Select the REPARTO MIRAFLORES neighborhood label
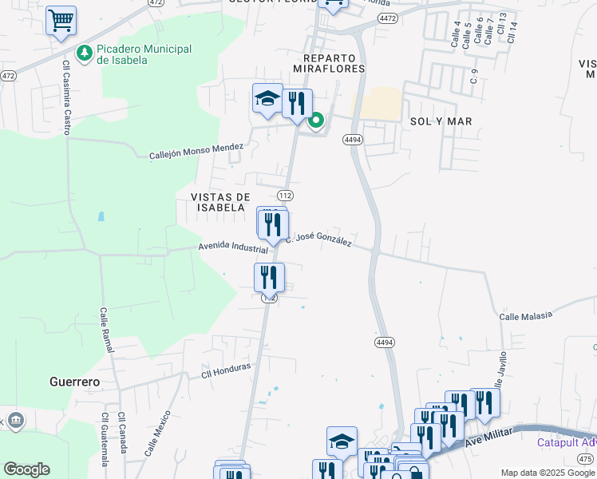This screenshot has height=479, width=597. (334, 63)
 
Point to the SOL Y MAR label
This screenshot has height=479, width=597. (441, 121)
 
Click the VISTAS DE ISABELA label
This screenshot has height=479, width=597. (220, 202)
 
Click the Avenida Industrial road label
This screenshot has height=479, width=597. (233, 247)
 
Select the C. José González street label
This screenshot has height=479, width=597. (319, 238)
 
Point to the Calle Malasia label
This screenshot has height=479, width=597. (525, 315)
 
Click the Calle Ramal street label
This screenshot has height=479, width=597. (108, 335)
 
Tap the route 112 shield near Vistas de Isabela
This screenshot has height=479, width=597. (285, 196)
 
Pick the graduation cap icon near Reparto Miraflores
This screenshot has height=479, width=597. (267, 99)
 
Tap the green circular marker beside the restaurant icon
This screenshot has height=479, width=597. (316, 121)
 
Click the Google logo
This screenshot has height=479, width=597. (26, 469)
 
